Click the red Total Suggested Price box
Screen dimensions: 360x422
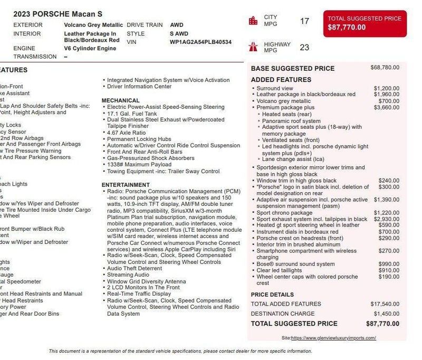[365, 23]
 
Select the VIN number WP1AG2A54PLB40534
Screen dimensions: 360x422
[200, 42]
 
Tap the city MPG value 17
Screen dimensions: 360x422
[304, 21]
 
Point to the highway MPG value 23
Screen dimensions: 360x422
[304, 47]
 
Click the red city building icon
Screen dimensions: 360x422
[253, 21]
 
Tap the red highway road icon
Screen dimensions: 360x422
[253, 46]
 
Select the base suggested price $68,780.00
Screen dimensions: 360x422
[385, 68]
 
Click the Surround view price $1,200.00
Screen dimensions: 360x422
[386, 88]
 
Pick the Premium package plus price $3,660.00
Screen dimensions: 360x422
[386, 108]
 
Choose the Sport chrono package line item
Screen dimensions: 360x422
[285, 213]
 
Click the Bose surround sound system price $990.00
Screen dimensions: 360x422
[389, 264]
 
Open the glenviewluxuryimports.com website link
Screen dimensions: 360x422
[333, 338]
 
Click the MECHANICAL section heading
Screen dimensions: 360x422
[121, 100]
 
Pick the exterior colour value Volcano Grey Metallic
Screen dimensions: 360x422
[93, 25]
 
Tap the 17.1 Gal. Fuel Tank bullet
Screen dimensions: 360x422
[132, 113]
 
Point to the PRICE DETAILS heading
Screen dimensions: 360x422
[272, 295]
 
